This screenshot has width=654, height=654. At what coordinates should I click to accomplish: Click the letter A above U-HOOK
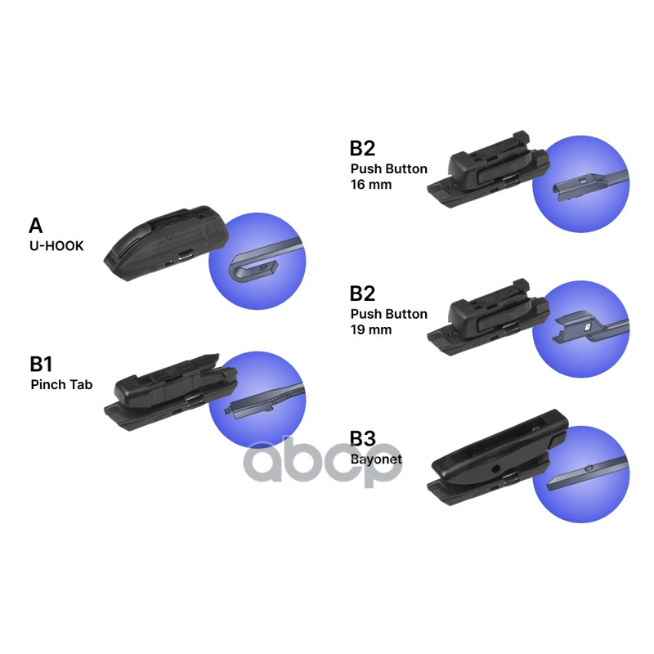pyautogui.click(x=35, y=226)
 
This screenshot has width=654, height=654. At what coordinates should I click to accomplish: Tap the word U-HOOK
pyautogui.click(x=56, y=245)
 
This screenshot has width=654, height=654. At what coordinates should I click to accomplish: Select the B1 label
pyautogui.click(x=43, y=365)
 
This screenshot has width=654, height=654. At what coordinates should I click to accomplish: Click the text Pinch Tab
pyautogui.click(x=61, y=384)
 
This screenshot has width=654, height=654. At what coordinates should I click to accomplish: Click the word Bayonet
pyautogui.click(x=376, y=459)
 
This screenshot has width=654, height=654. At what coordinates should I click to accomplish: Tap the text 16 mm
pyautogui.click(x=370, y=184)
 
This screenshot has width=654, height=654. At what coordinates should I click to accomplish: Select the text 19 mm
pyautogui.click(x=370, y=329)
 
